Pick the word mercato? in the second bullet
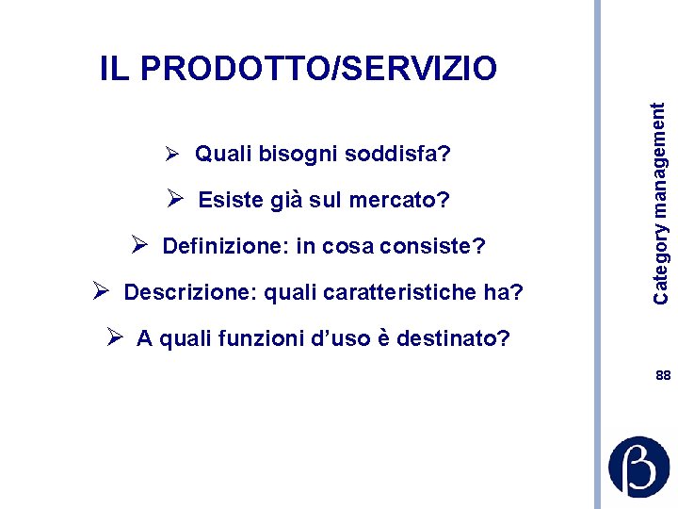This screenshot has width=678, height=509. pos(399,201)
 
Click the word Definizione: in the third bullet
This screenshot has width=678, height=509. pos(225,247)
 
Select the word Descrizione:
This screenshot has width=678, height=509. pos(190,292)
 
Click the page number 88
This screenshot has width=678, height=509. pos(663,375)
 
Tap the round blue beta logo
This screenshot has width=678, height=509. pos(639,466)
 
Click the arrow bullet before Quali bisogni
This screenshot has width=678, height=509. pos(171,153)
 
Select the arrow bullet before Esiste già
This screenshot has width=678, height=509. pos(174,200)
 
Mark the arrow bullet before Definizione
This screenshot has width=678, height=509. pos(138,246)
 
